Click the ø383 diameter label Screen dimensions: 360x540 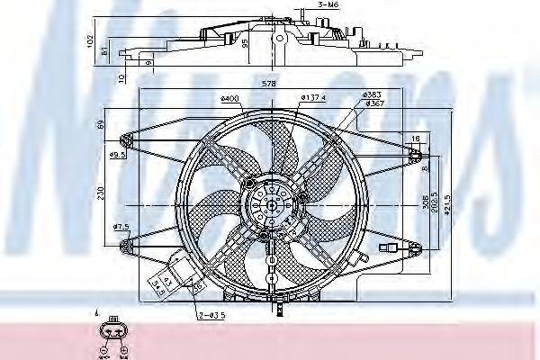coord(371,94)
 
